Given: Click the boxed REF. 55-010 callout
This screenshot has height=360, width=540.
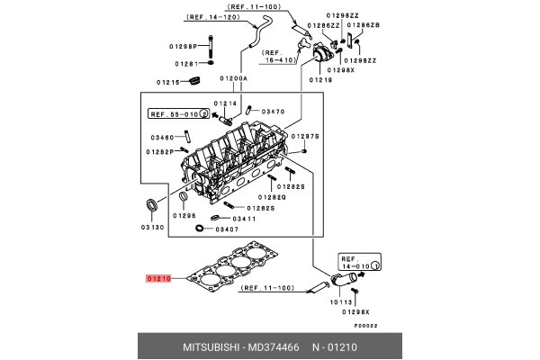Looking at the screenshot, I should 178,114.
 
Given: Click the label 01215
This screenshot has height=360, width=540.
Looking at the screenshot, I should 169,82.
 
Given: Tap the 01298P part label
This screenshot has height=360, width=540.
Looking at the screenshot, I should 182,44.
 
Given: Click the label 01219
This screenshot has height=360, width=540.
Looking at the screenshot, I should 321,80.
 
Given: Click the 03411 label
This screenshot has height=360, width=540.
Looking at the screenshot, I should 244,219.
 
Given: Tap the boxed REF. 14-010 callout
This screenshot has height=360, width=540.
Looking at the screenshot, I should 358,266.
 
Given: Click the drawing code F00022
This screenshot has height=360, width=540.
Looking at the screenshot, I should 364,326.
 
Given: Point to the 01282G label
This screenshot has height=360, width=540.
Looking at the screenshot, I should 272,197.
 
